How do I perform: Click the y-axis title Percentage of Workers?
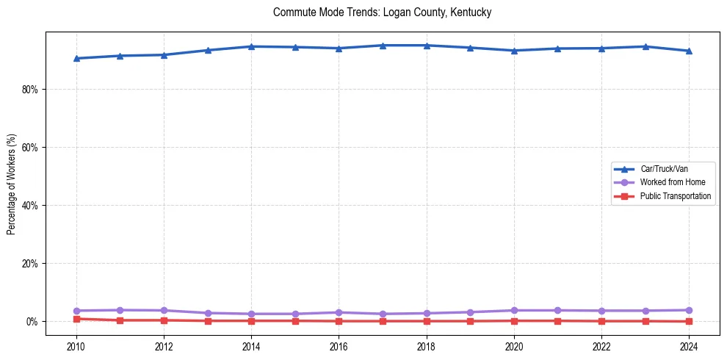(12, 184)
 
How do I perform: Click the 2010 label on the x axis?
(76, 346)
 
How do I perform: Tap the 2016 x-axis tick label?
(339, 346)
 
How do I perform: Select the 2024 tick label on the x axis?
(689, 346)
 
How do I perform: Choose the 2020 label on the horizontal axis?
(514, 346)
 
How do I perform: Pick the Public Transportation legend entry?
(675, 196)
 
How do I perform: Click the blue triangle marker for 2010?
(76, 58)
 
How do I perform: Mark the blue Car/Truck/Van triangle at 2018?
(427, 46)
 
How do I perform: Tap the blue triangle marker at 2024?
(689, 51)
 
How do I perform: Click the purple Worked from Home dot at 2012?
(164, 310)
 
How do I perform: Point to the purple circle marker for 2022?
(601, 311)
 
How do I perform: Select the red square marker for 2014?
(251, 320)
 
